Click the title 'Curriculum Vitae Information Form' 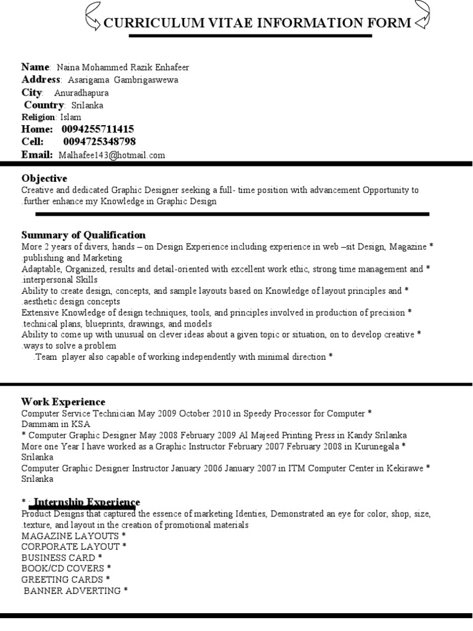257,23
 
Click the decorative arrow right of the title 423,17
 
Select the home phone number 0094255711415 97,129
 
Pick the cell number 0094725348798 99,142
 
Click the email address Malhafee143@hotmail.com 112,155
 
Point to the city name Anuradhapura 81,93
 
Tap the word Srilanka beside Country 87,105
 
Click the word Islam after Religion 70,117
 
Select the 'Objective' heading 44,179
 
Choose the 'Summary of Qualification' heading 83,235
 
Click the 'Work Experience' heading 63,402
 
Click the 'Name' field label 35,67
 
